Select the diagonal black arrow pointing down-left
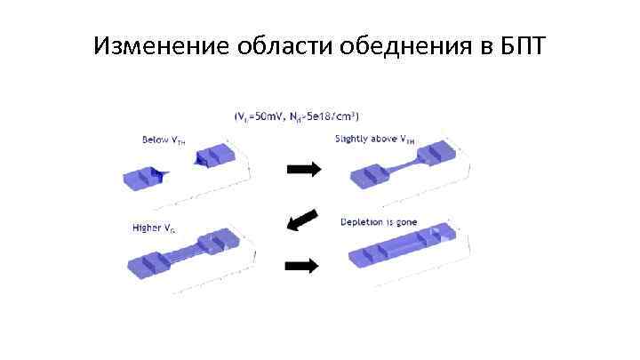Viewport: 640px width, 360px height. point(302,219)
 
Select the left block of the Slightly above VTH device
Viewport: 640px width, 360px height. point(368,177)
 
